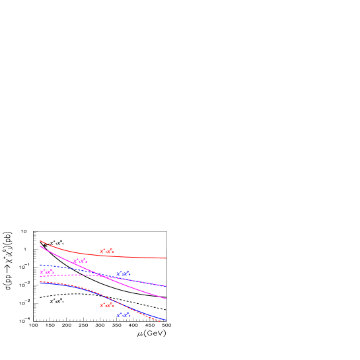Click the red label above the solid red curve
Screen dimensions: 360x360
click(x=106, y=251)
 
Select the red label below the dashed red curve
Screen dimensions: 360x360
click(x=106, y=305)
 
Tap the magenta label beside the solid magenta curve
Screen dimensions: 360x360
click(x=80, y=262)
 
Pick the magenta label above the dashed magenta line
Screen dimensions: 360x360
click(x=46, y=271)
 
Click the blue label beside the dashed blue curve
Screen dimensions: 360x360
click(x=123, y=273)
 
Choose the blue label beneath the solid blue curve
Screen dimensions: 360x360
click(x=123, y=314)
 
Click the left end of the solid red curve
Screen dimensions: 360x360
click(x=40, y=241)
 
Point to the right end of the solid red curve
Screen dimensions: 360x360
click(x=166, y=258)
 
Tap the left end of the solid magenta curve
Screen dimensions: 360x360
click(x=40, y=246)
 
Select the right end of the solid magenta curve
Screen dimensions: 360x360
click(x=166, y=299)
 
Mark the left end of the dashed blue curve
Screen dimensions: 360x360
click(x=40, y=265)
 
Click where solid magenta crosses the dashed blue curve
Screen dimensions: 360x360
click(x=96, y=273)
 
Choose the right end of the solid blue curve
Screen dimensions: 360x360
click(x=166, y=320)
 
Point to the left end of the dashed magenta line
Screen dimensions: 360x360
click(x=40, y=276)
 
